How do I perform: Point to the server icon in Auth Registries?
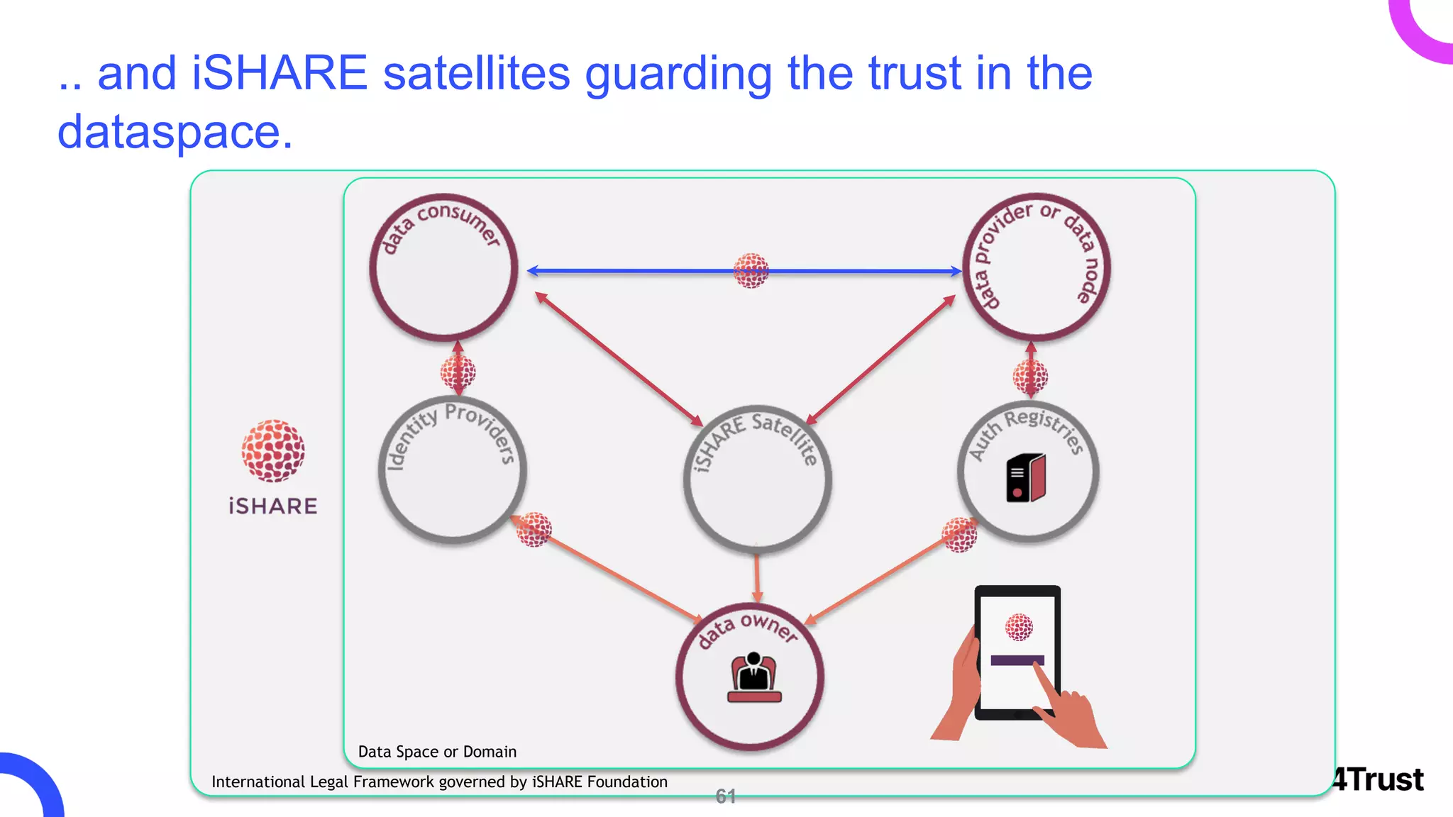pyautogui.click(x=1026, y=478)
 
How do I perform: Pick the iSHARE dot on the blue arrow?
pyautogui.click(x=751, y=270)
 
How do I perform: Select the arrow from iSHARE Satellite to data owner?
pyautogui.click(x=757, y=578)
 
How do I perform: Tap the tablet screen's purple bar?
pyautogui.click(x=1017, y=660)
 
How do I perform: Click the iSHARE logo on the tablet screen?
pyautogui.click(x=1019, y=627)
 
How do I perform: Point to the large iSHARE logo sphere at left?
pyautogui.click(x=273, y=451)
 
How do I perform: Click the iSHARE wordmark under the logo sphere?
pyautogui.click(x=273, y=506)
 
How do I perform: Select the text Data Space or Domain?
pyautogui.click(x=437, y=752)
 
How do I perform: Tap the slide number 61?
pyautogui.click(x=725, y=796)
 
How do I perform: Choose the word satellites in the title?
pyautogui.click(x=477, y=74)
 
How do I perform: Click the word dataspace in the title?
pyautogui.click(x=175, y=132)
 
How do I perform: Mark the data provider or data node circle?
pyautogui.click(x=1036, y=268)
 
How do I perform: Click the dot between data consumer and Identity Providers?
pyautogui.click(x=458, y=372)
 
